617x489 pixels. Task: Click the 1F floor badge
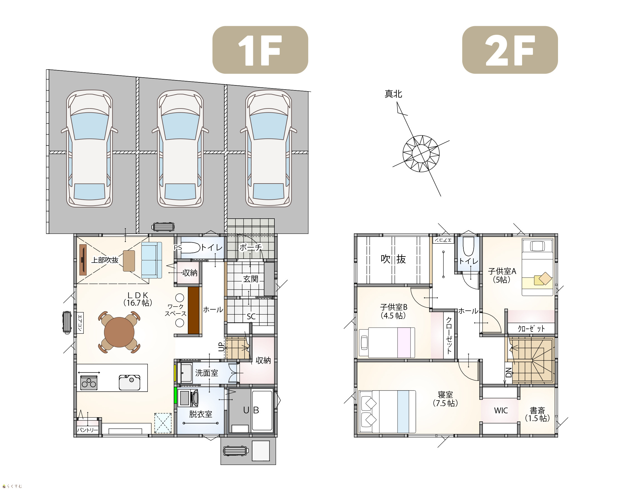tap(260, 50)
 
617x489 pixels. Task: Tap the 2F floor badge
tap(510, 50)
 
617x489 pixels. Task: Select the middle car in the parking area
tap(180, 149)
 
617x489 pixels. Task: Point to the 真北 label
tap(393, 94)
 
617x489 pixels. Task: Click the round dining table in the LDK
tap(119, 332)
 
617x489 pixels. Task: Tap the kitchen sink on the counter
tap(130, 382)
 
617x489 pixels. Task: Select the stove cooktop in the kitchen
tap(89, 383)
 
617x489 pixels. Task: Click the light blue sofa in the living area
tap(151, 260)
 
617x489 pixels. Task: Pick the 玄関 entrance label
tap(251, 279)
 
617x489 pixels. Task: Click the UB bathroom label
tap(251, 410)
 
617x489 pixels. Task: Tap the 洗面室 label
tap(207, 373)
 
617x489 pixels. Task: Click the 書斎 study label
tap(537, 410)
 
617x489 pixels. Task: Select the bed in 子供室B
tap(387, 343)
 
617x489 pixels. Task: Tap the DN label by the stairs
tap(508, 373)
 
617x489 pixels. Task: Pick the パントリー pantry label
tap(88, 430)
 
